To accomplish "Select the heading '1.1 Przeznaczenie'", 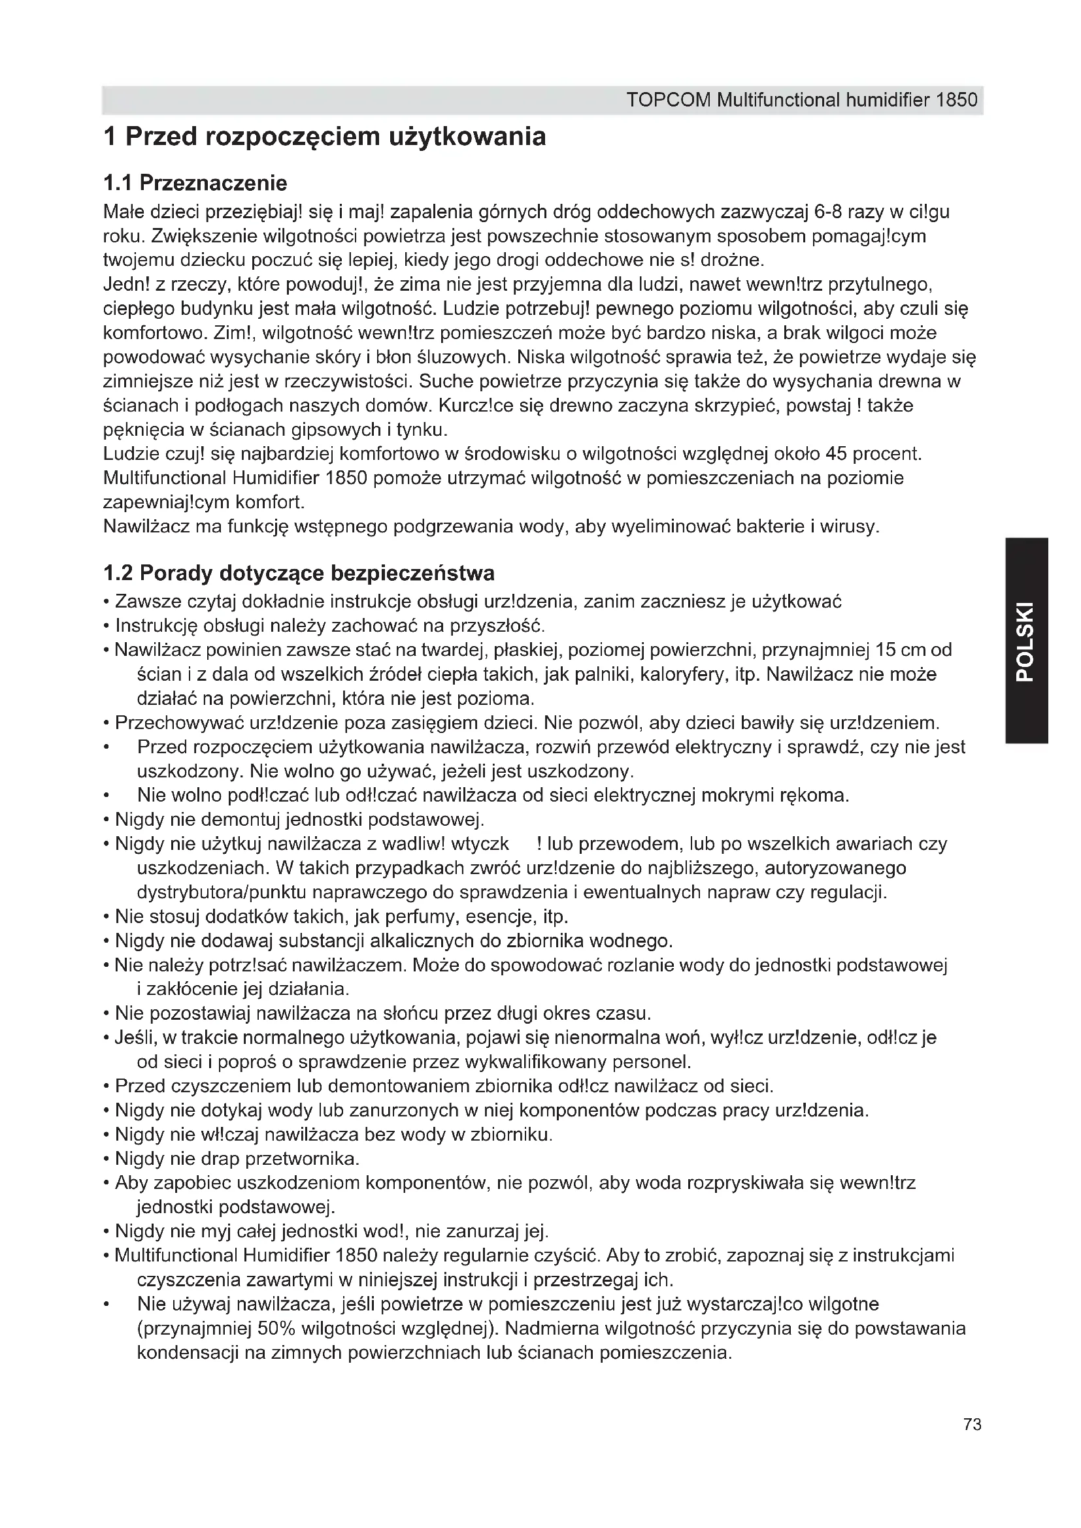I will pyautogui.click(x=195, y=182).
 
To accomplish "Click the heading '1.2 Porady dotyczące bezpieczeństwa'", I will pyautogui.click(x=299, y=573).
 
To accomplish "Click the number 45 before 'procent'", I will pyautogui.click(x=836, y=454).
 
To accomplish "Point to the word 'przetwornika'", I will pyautogui.click(x=302, y=1159).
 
